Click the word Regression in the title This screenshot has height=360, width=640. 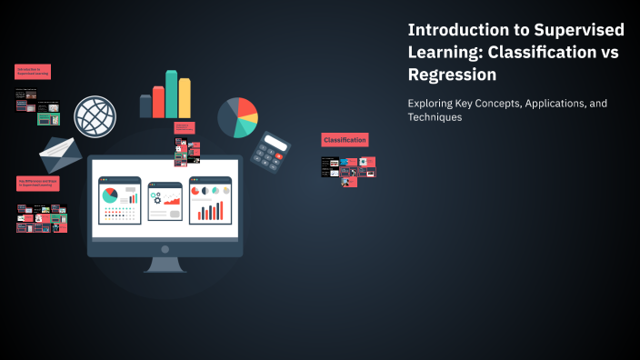452,75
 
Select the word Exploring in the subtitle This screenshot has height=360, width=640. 435,104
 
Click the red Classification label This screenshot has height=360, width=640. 345,140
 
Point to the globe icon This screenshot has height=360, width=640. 95,116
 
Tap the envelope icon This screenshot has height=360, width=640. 61,154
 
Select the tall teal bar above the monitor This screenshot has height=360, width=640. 171,94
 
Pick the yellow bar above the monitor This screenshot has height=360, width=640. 185,97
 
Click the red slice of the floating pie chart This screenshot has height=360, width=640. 247,110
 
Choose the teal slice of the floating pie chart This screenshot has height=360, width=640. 245,128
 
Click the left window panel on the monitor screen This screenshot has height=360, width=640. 120,200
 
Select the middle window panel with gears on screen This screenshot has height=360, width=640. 165,200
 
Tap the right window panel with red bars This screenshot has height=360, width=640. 210,200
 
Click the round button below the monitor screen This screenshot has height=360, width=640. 165,248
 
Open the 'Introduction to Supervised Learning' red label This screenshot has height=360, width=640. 32,71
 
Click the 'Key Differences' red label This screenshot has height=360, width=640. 38,183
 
